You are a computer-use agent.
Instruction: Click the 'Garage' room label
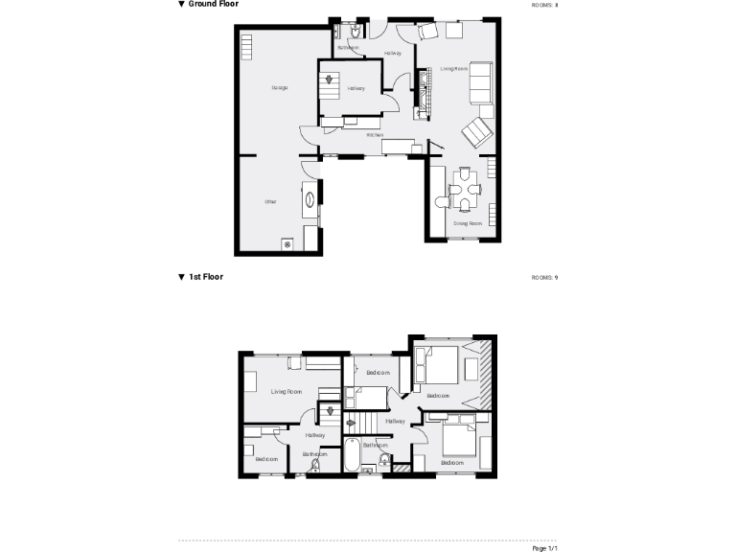pyautogui.click(x=280, y=87)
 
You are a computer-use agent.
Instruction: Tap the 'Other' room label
pyautogui.click(x=270, y=201)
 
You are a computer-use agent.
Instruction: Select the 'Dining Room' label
pyautogui.click(x=468, y=223)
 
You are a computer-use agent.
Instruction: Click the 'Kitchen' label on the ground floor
pyautogui.click(x=376, y=135)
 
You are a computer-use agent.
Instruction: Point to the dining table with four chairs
pyautogui.click(x=465, y=190)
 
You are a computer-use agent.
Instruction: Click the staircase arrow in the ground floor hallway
pyautogui.click(x=330, y=80)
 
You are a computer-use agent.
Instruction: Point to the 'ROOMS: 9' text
pyautogui.click(x=544, y=277)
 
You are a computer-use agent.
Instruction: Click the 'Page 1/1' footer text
pyautogui.click(x=544, y=547)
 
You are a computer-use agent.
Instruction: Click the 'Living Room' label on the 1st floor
pyautogui.click(x=286, y=391)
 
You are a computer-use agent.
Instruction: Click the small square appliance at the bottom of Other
pyautogui.click(x=287, y=244)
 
